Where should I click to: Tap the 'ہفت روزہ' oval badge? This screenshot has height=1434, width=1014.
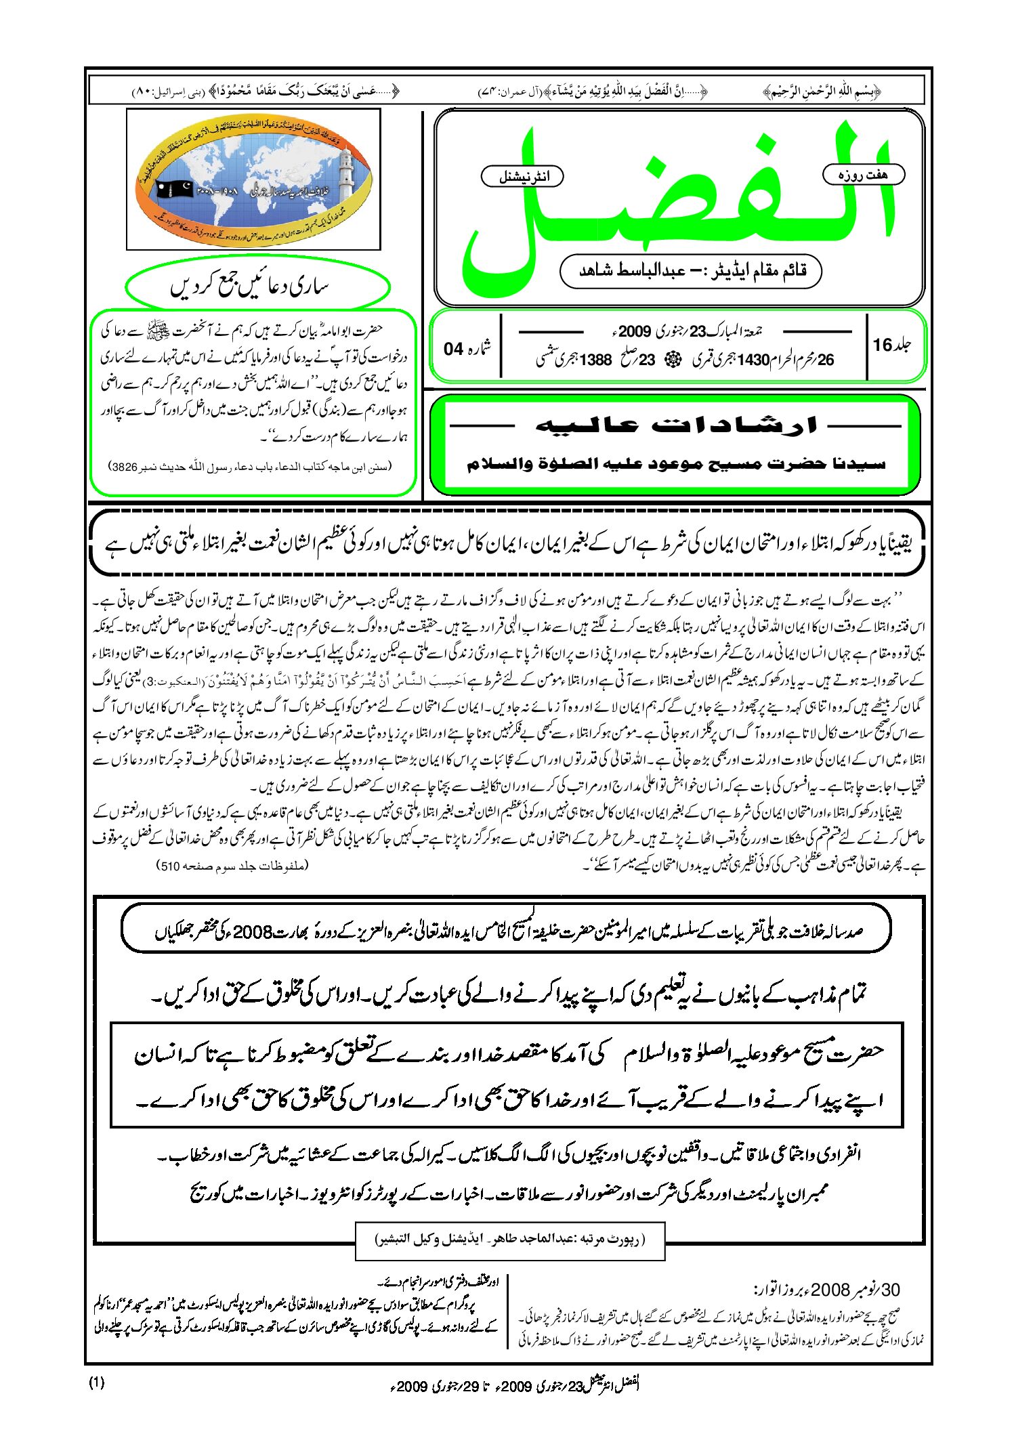click(x=863, y=175)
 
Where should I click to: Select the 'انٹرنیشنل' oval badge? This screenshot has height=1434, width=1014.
click(x=522, y=177)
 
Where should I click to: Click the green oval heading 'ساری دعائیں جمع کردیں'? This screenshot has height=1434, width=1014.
click(x=258, y=287)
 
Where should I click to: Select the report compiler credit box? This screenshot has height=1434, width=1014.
click(x=510, y=1240)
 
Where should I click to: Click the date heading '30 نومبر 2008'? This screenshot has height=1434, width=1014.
click(x=826, y=1290)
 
